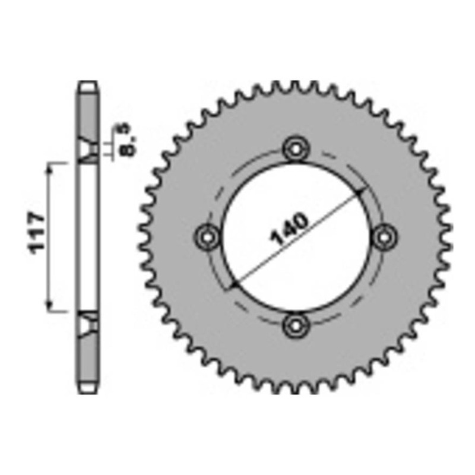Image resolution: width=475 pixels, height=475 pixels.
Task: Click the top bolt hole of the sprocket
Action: (x=296, y=148)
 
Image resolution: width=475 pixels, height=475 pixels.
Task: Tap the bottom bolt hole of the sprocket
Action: (x=296, y=325)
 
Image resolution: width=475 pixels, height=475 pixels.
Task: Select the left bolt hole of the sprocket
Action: (x=207, y=236)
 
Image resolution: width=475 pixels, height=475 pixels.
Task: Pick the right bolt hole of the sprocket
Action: (x=385, y=236)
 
